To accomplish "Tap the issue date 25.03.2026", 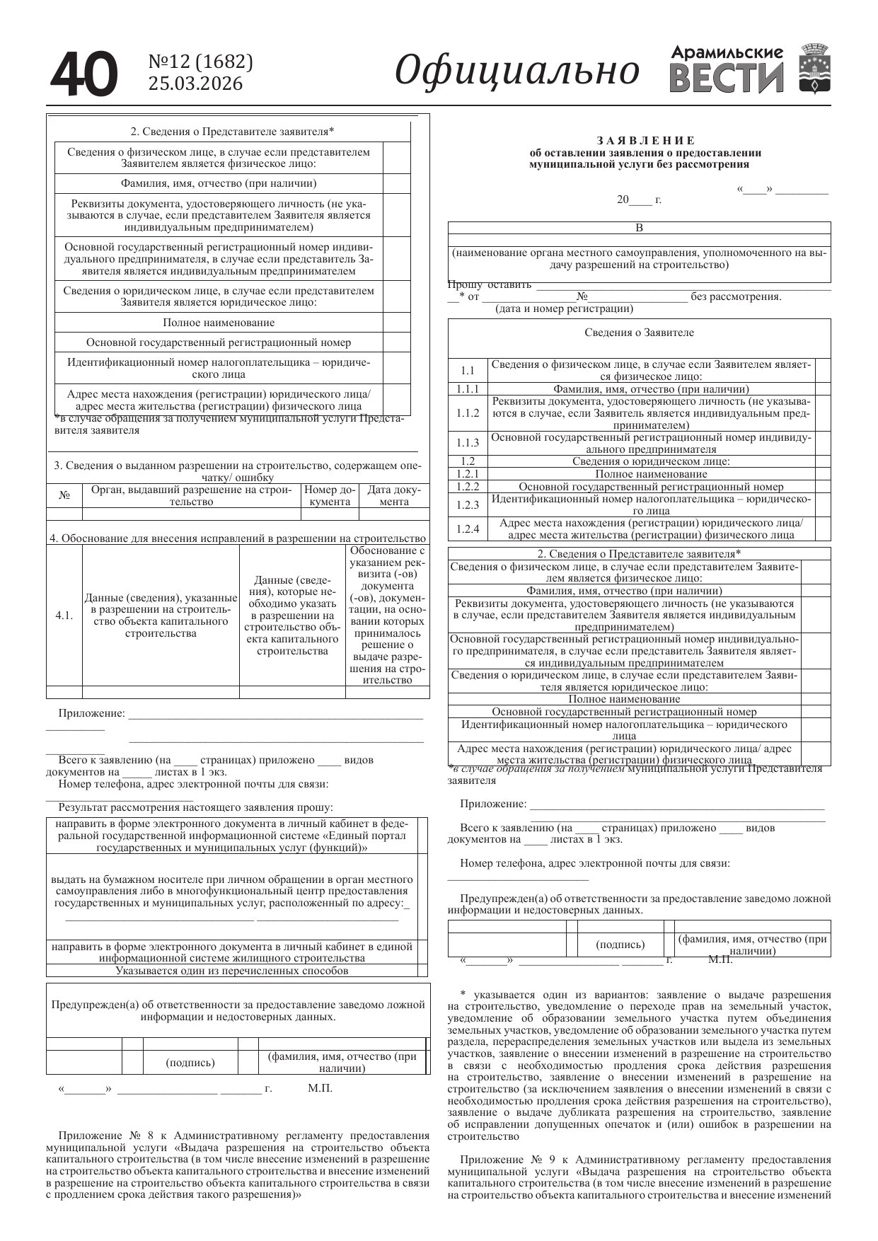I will coord(195,84).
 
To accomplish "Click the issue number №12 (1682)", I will coord(200,62).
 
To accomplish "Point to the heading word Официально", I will coord(516,71).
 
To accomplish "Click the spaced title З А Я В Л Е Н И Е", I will coord(646,141).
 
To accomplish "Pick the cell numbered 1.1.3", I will coord(468,443).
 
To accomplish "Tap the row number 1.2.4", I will coord(468,529).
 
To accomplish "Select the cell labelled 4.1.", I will coord(64,615).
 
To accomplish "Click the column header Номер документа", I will coord(330,495).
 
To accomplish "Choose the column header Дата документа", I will coord(394,495).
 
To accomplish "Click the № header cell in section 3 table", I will coord(64,495).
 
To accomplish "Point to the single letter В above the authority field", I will coord(640,228).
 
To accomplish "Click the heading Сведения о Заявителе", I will coord(639,333).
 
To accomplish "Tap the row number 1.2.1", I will coord(468,474).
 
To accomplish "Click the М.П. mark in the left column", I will coord(320,1088).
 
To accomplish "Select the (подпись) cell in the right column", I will coord(620,945).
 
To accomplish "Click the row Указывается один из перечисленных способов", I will coord(232,971).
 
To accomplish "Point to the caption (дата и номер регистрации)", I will coord(564,308).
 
